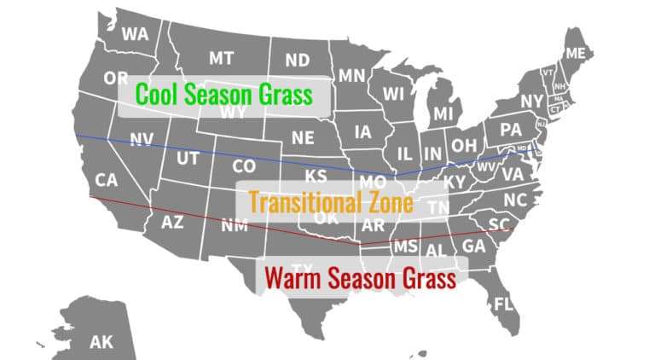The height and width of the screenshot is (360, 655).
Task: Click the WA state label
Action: [135, 34]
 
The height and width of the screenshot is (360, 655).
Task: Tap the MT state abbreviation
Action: [221, 58]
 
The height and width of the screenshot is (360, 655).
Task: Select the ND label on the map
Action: [297, 61]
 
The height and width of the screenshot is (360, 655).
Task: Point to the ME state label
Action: [576, 54]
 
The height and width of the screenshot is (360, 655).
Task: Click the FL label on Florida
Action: [504, 304]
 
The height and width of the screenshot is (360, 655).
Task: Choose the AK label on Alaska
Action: [101, 342]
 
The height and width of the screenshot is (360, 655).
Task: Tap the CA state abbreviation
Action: [106, 180]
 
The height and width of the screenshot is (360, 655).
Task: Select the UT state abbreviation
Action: [188, 159]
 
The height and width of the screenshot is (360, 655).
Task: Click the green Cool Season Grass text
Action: [224, 93]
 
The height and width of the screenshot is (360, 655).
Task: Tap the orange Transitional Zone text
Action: [330, 203]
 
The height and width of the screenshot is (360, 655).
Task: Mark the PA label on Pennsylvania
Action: [510, 131]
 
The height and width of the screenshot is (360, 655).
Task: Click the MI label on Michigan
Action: [443, 113]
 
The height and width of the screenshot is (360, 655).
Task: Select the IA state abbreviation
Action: [362, 132]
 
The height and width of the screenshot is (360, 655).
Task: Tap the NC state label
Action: [515, 199]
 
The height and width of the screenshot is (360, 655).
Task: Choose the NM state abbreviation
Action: [234, 226]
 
